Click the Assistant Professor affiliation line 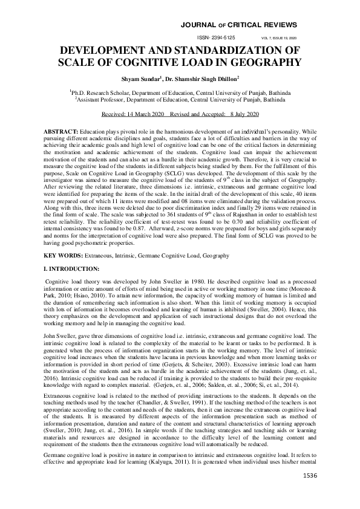tap(180, 100)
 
